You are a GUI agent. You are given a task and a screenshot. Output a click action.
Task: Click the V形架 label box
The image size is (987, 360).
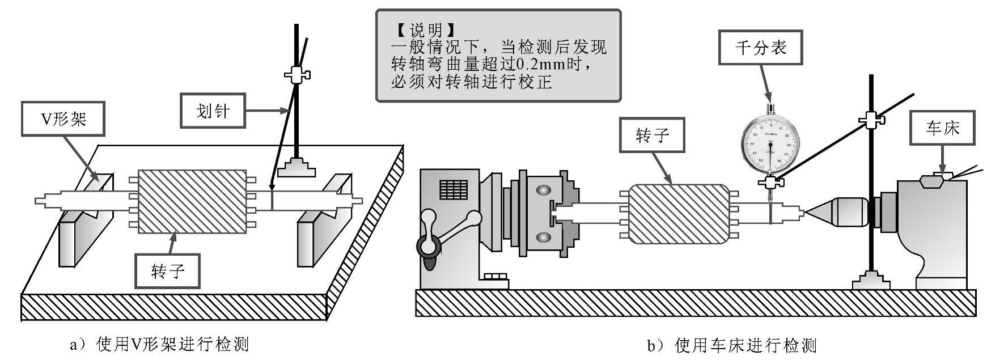coord(62,118)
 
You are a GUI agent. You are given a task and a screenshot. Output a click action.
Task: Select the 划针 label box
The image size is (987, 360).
coord(213,111)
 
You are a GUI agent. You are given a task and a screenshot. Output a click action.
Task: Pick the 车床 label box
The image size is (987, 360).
coord(942,128)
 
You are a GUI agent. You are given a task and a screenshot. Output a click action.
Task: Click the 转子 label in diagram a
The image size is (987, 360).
coord(168,271)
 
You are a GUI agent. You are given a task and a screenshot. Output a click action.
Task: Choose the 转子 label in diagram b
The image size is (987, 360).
coord(651,135)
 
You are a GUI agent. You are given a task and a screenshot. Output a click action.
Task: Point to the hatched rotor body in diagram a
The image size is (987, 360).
coord(192,201)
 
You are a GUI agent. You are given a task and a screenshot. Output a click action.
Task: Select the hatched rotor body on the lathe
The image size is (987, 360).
coord(677,214)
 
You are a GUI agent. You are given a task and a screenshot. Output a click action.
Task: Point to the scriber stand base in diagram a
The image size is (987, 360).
coord(296,167)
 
